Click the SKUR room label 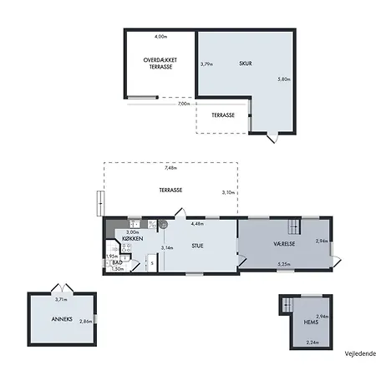tap(246, 64)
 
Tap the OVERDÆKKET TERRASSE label tap(160, 64)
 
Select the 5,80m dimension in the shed tap(284, 79)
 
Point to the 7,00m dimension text tap(184, 104)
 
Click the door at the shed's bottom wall tap(272, 138)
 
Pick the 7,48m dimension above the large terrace tap(170, 168)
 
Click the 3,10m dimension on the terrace tap(228, 192)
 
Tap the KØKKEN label tap(133, 239)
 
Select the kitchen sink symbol tap(135, 224)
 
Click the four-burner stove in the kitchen tap(126, 248)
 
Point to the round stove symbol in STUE tap(163, 224)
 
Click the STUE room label tap(197, 246)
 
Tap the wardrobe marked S tap(152, 262)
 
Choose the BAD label tap(117, 262)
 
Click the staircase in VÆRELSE tap(294, 227)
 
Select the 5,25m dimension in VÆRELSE tap(284, 264)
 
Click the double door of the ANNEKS tap(63, 287)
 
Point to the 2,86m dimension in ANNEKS tap(85, 321)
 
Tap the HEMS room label tap(311, 323)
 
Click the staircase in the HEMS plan tap(287, 305)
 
